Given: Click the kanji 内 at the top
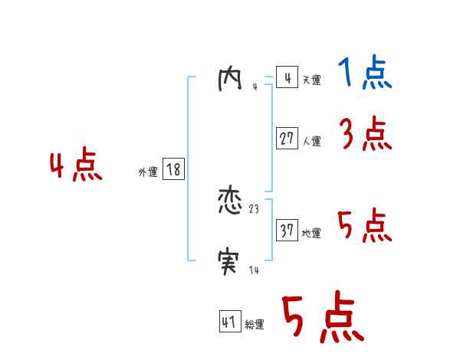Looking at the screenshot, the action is [229, 79].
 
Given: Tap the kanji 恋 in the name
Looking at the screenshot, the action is [231, 202].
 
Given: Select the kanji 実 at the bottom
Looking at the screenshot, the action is [230, 263].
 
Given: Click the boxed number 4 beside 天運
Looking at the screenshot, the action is [286, 78].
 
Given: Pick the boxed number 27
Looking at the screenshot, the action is [286, 139].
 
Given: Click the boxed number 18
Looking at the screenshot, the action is [173, 169].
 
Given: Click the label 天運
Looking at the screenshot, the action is [311, 80].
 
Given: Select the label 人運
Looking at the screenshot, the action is [311, 141].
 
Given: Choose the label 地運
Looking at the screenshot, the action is [311, 233].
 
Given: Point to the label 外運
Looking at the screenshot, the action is [148, 172].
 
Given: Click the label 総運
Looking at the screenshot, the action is [255, 325].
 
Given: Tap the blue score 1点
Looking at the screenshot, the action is [364, 74].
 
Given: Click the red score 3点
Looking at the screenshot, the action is [365, 135].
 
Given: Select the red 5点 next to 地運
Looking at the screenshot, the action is [364, 226].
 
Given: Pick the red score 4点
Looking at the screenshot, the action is [76, 167].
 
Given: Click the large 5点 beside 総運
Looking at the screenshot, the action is [322, 318].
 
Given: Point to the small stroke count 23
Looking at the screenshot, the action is [255, 208].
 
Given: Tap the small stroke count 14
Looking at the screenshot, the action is [255, 270].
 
